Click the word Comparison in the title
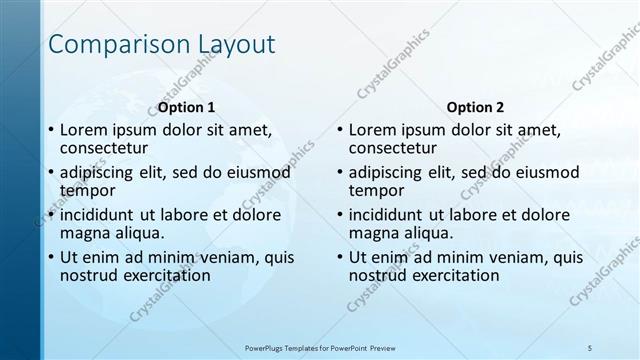tap(112, 45)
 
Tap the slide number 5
tap(590, 347)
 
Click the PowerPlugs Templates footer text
tap(319, 347)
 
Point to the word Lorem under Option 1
tap(83, 129)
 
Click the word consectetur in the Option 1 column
tap(103, 148)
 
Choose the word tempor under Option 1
tap(87, 190)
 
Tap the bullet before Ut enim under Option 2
tap(340, 257)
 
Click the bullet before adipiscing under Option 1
tap(51, 173)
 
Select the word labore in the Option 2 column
tap(484, 214)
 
